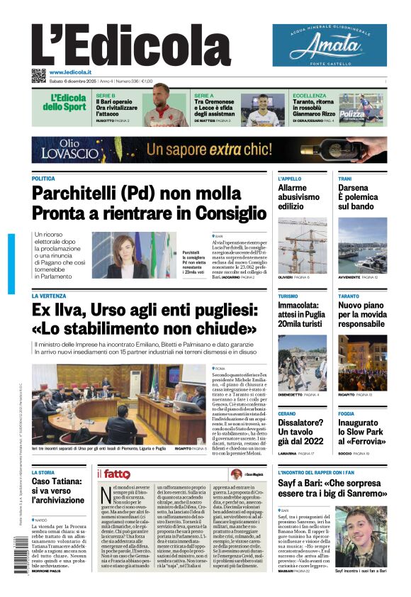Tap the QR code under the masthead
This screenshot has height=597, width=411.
[x=38, y=75]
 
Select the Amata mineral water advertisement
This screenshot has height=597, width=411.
[x=330, y=45]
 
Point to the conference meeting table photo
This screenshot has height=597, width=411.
[x=118, y=405]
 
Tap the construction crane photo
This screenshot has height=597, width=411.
[x=303, y=245]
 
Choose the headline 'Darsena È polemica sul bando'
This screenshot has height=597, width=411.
[x=361, y=197]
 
